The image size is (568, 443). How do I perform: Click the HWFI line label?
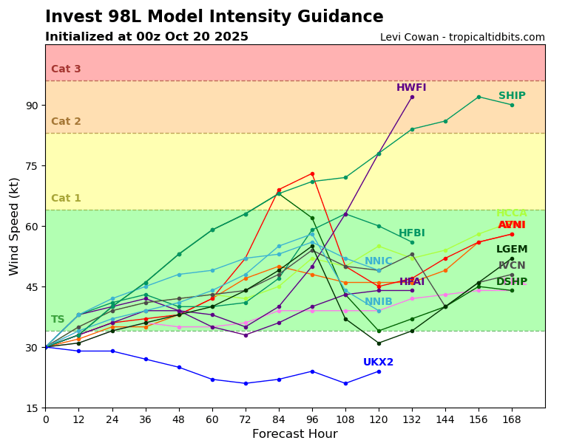[x=411, y=88]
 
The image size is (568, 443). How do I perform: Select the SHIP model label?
[x=512, y=96]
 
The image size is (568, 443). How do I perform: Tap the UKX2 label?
[x=378, y=363]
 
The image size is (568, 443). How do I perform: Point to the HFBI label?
[x=412, y=233]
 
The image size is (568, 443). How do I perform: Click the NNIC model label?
[x=378, y=261]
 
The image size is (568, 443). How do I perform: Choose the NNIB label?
[x=378, y=302]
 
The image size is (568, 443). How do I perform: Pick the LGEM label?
[x=512, y=250]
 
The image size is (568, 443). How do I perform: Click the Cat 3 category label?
[x=66, y=69]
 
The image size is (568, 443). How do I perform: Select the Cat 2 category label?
[x=66, y=122]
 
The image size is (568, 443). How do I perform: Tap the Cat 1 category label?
[x=66, y=199]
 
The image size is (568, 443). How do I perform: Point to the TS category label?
[x=58, y=320]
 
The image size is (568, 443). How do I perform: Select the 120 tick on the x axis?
[x=379, y=419]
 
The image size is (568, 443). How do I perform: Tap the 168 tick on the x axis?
[x=512, y=419]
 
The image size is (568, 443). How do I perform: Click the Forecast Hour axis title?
[x=294, y=434]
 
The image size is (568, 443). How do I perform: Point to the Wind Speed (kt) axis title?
[x=15, y=226]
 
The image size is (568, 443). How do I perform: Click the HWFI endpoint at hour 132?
[x=412, y=97]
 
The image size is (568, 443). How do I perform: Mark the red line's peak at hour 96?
[x=312, y=174]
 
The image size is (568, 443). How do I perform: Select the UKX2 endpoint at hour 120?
[x=379, y=371]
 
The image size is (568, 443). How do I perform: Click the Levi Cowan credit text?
[x=462, y=38]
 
